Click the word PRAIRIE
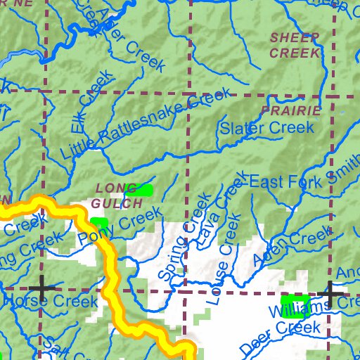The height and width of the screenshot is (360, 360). (290, 110)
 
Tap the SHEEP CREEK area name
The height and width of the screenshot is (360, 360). (295, 45)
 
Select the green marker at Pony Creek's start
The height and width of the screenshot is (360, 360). (99, 224)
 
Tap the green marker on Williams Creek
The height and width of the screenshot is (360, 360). (295, 307)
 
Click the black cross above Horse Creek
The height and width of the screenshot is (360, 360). (41, 288)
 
